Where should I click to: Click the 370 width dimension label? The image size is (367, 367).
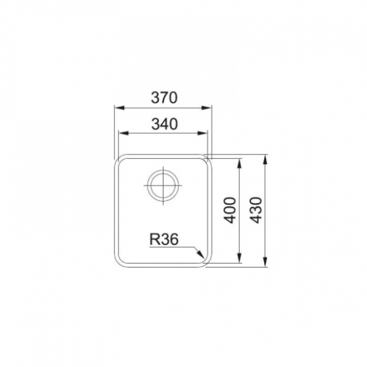164,98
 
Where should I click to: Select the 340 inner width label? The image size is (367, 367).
165,124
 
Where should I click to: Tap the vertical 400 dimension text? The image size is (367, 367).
229,210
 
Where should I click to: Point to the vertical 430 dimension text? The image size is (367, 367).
255,210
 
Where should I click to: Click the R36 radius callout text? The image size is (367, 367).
164,239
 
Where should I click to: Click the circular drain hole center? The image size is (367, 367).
163,185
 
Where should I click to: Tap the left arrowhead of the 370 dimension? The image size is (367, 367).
119,108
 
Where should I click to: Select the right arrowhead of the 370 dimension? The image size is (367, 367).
207,108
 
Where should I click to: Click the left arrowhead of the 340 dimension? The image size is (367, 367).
123,133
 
